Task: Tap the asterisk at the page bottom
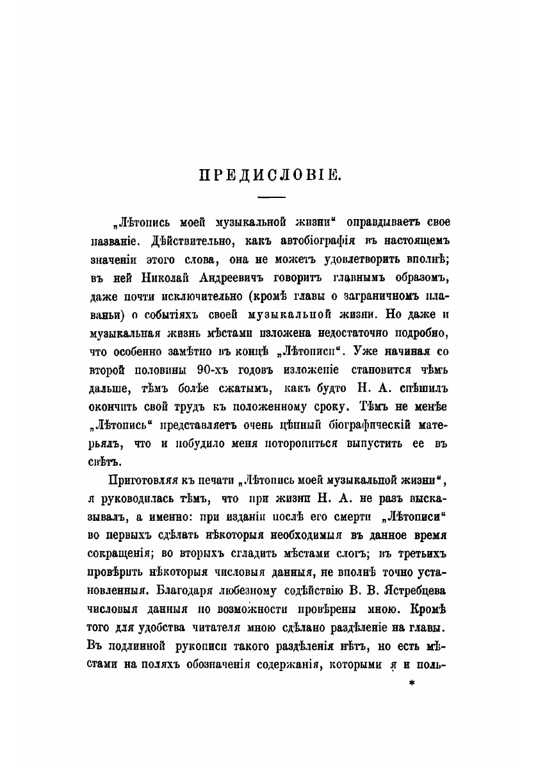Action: pyautogui.click(x=412, y=685)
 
